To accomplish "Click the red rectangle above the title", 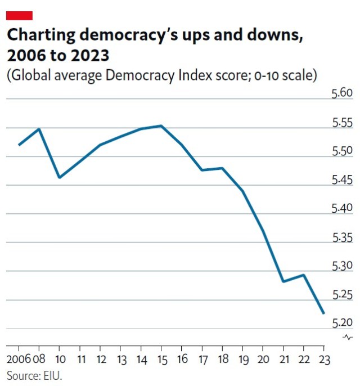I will [x=20, y=15].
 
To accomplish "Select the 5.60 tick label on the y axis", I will [x=341, y=93].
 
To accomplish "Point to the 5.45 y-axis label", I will [x=341, y=179].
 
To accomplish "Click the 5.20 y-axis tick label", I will [x=341, y=322].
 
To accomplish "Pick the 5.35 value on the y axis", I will [x=341, y=237].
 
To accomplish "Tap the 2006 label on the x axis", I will [x=19, y=359].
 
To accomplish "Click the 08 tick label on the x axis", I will [x=39, y=359].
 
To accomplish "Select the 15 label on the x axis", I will [x=161, y=359].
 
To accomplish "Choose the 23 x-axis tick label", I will [x=324, y=359].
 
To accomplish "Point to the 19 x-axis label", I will [x=243, y=359].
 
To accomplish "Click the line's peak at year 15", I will [x=161, y=126].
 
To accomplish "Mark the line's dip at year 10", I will [x=59, y=178].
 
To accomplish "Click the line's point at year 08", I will [x=39, y=129].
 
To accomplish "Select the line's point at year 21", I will [x=283, y=281].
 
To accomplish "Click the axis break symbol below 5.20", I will [x=348, y=337].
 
